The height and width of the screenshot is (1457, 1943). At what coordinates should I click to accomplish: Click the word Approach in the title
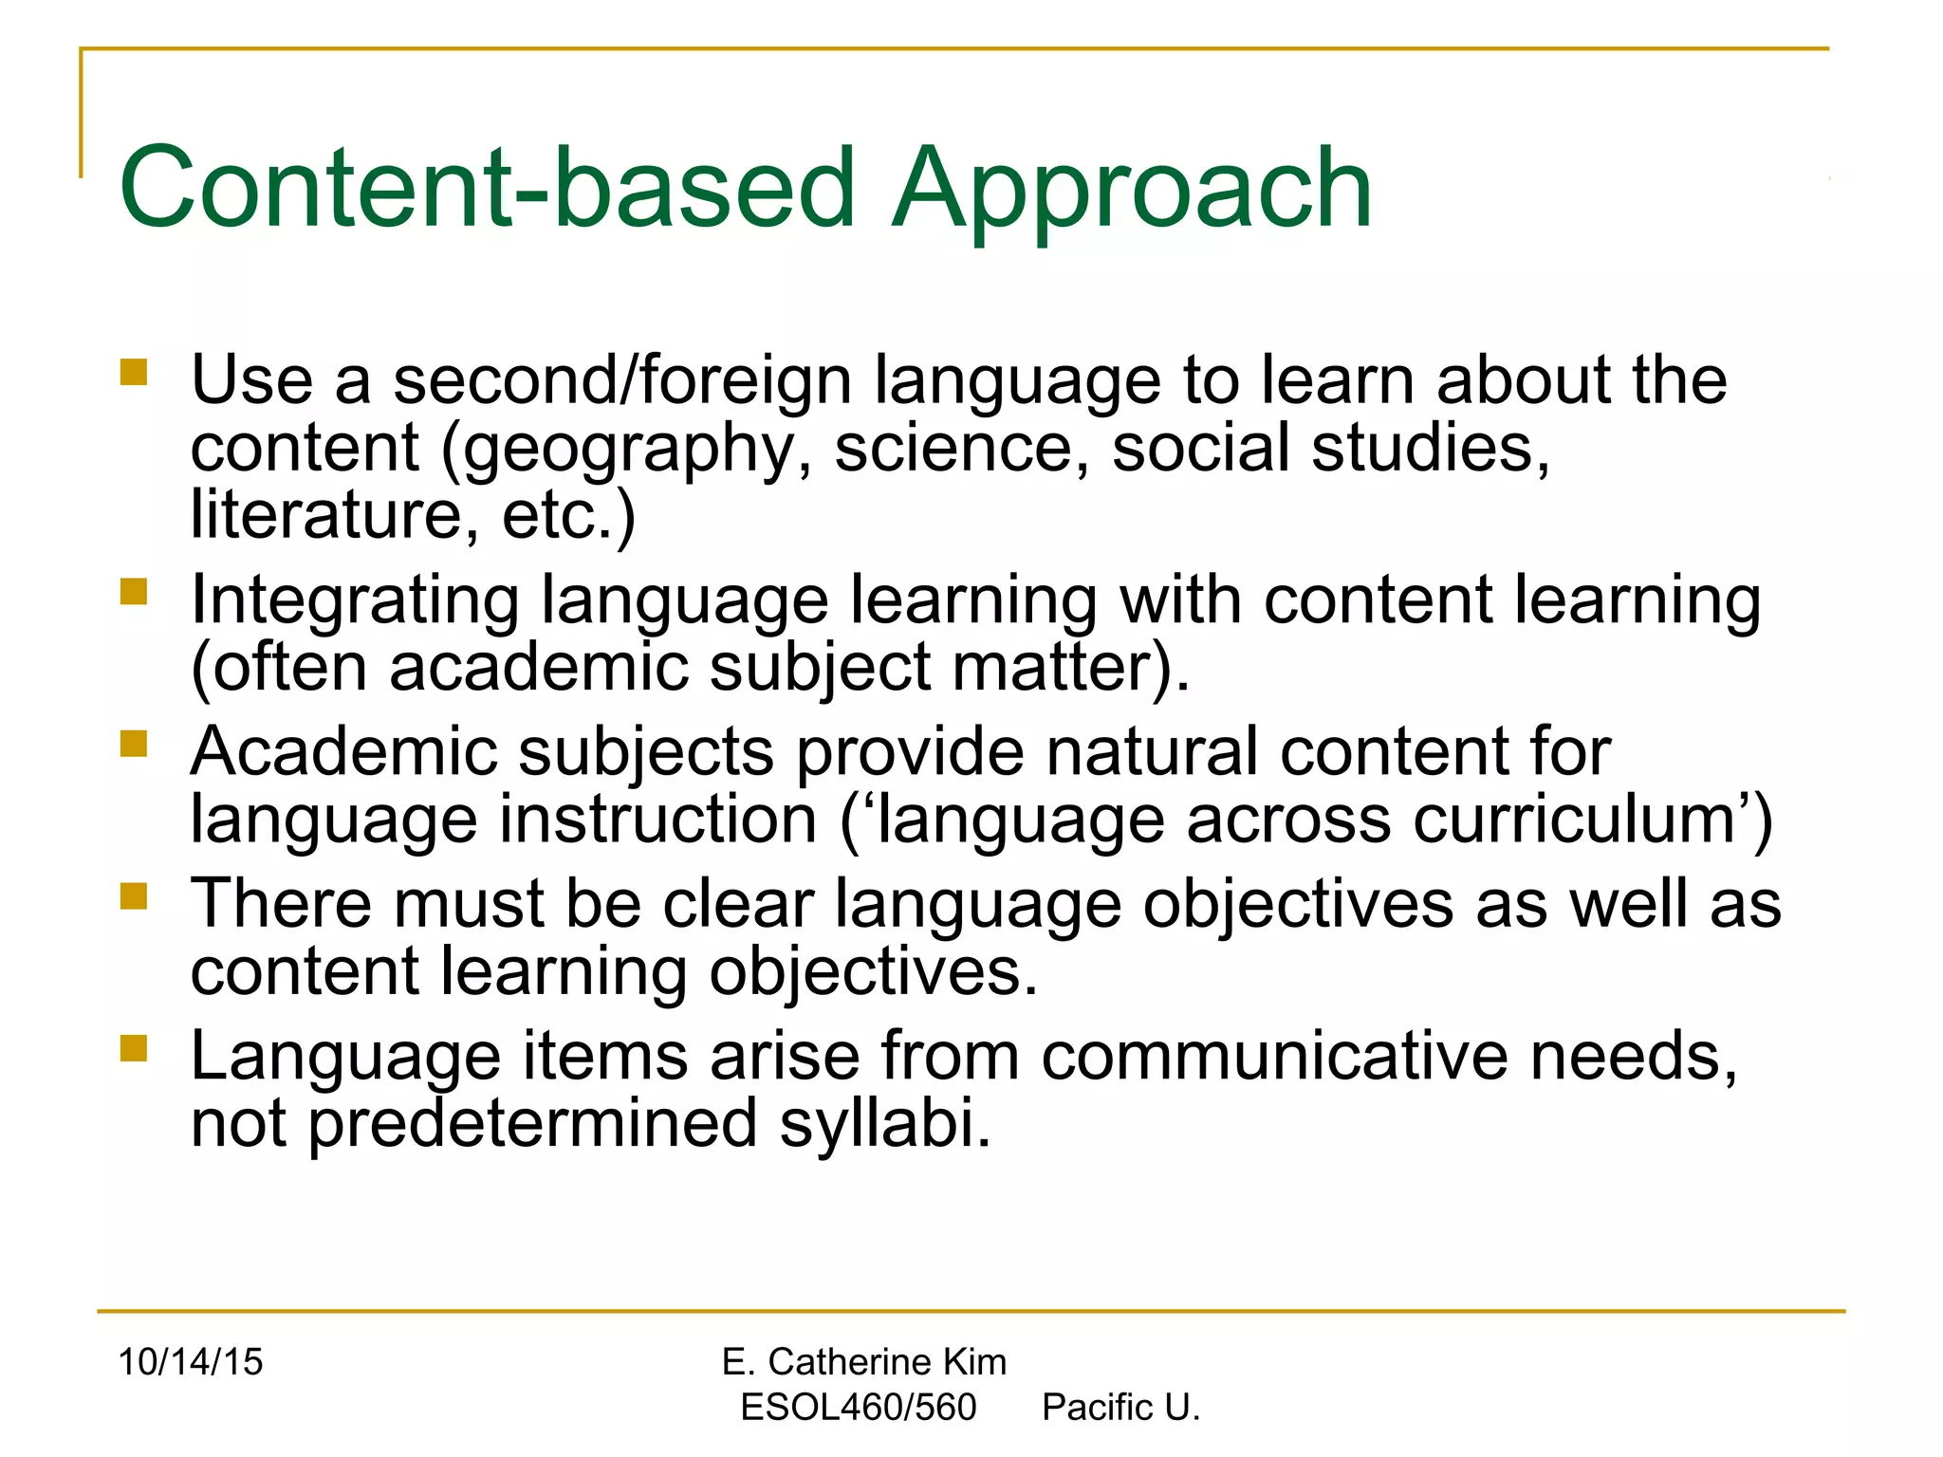click(1131, 190)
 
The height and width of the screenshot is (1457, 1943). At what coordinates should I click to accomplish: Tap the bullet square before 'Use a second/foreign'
click(134, 371)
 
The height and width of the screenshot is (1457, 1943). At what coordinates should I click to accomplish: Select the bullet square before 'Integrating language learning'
click(134, 592)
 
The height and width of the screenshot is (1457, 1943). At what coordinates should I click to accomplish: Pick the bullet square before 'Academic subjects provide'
click(134, 743)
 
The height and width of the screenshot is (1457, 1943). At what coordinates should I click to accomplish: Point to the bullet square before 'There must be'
click(134, 895)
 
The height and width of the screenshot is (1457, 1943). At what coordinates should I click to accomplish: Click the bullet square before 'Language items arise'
click(134, 1047)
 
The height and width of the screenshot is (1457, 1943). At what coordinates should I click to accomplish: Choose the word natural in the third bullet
click(1152, 752)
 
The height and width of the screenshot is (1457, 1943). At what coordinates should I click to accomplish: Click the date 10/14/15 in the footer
click(191, 1362)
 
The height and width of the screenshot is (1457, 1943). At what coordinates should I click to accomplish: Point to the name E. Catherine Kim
click(863, 1362)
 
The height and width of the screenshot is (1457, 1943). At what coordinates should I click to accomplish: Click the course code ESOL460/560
click(858, 1408)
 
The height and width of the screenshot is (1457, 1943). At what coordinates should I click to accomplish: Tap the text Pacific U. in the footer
click(1120, 1408)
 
